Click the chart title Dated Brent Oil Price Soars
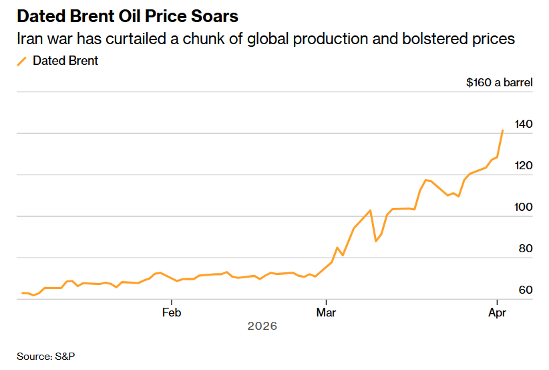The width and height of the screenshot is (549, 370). (127, 15)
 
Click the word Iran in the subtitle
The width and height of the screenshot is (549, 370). (29, 39)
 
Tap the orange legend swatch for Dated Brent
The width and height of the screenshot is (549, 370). (22, 61)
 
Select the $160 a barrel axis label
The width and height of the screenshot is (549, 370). (500, 83)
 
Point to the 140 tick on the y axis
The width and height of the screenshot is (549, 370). (524, 124)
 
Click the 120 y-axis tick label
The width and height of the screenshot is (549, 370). (524, 166)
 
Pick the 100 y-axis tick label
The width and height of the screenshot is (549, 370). (524, 207)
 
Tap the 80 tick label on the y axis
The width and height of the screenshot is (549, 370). (524, 249)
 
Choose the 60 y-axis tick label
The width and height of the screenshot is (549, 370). (524, 290)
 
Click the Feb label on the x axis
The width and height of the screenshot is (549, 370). (172, 312)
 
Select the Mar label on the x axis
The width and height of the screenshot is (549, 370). (326, 312)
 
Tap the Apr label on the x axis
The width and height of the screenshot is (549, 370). (496, 312)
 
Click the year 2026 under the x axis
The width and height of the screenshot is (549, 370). (262, 327)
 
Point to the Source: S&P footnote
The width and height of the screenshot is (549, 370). (46, 357)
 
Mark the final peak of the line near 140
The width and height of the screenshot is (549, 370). (502, 131)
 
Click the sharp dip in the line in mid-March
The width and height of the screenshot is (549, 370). (376, 241)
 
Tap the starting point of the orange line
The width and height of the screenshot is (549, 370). (23, 293)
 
